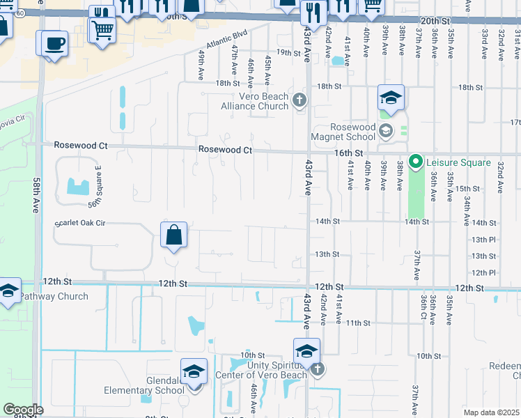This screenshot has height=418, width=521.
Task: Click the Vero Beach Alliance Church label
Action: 254,101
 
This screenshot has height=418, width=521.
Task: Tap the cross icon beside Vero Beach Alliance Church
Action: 300,101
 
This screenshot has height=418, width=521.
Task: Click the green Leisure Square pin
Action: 416,162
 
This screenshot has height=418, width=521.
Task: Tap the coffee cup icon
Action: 54,44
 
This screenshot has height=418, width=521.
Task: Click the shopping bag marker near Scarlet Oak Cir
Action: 173,235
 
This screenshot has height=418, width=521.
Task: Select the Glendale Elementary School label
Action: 144,385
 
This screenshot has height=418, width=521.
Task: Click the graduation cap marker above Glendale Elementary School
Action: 194,373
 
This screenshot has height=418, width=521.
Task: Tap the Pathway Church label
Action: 54,296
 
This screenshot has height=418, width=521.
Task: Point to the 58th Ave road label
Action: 37,195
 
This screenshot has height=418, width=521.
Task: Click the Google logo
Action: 23,410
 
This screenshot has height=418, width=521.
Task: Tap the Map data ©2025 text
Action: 490,412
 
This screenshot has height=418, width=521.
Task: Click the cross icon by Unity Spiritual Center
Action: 317,369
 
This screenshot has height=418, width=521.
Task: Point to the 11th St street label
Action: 358,323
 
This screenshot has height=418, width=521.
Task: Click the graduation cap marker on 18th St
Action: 391,98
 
